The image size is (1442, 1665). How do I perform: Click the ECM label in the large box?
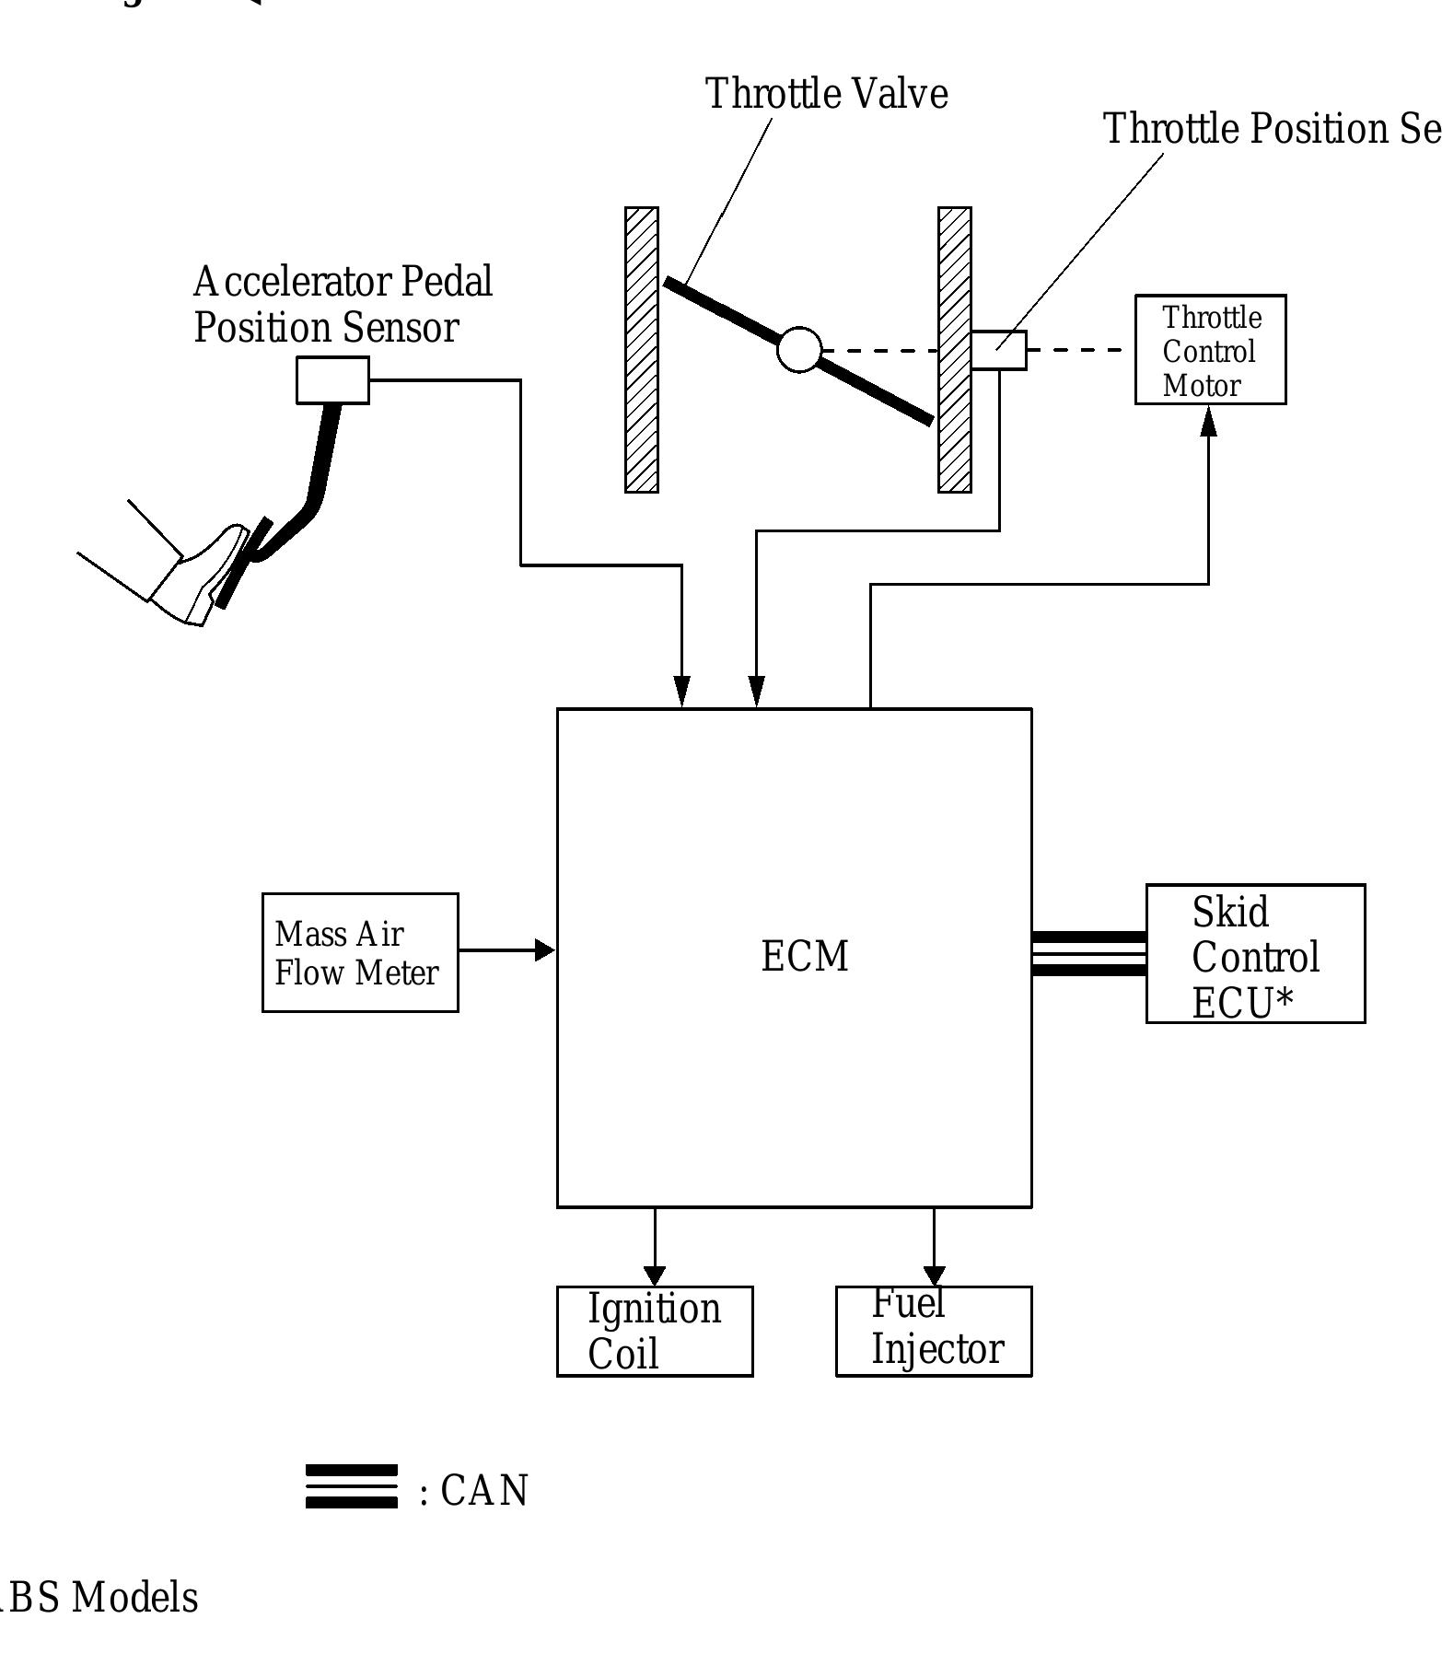pyautogui.click(x=804, y=956)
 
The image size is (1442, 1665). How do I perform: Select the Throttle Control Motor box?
pyautogui.click(x=1209, y=350)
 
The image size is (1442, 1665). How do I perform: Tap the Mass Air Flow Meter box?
pyautogui.click(x=359, y=953)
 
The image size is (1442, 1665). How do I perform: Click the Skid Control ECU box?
pyautogui.click(x=1254, y=955)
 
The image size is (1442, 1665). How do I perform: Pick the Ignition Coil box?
pyautogui.click(x=654, y=1332)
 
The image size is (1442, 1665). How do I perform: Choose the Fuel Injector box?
pyautogui.click(x=933, y=1332)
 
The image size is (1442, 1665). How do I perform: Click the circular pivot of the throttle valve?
pyautogui.click(x=798, y=350)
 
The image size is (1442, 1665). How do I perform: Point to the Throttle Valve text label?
pyautogui.click(x=826, y=94)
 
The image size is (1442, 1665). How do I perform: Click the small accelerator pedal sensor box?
pyautogui.click(x=332, y=380)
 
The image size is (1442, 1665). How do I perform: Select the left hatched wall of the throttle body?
pyautogui.click(x=642, y=350)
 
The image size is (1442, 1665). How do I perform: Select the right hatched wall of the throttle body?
pyautogui.click(x=954, y=350)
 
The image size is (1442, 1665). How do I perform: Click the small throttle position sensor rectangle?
pyautogui.click(x=999, y=351)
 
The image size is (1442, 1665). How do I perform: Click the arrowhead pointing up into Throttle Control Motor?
pyautogui.click(x=1208, y=422)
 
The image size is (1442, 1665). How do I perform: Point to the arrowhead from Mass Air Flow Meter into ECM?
pyautogui.click(x=545, y=950)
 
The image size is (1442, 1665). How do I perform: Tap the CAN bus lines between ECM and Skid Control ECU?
pyautogui.click(x=1088, y=954)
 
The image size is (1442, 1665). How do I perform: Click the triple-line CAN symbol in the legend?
pyautogui.click(x=351, y=1486)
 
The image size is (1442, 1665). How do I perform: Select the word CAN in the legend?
pyautogui.click(x=484, y=1491)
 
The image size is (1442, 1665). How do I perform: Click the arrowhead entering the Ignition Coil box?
pyautogui.click(x=654, y=1275)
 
